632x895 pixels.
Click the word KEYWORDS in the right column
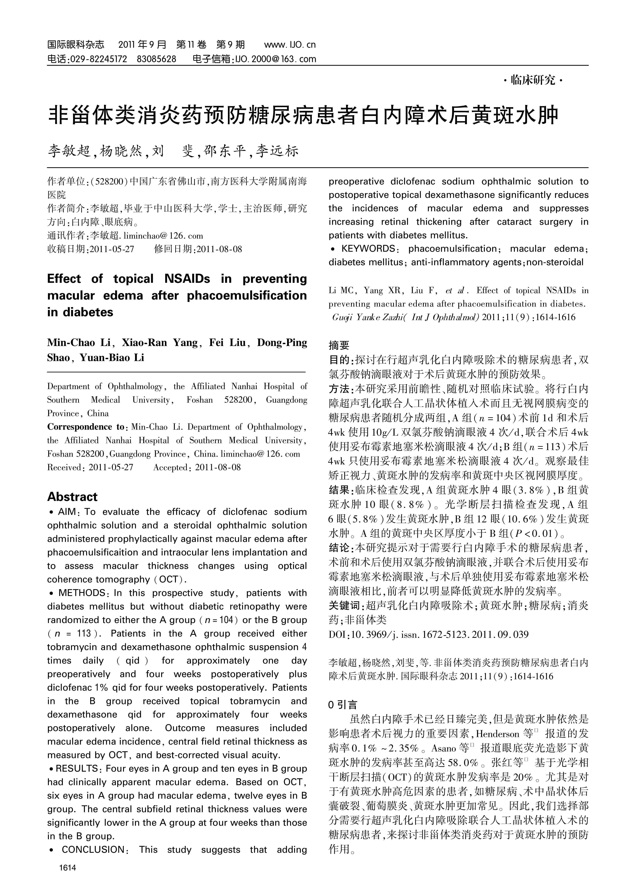click(x=368, y=249)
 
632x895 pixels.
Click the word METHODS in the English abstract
click(x=82, y=593)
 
